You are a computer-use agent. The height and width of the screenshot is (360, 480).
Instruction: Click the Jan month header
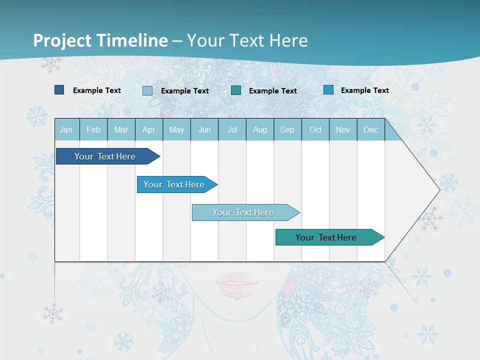tap(66, 130)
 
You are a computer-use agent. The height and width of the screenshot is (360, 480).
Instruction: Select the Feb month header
tap(93, 130)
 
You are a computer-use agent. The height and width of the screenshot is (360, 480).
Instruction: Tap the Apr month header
tap(148, 130)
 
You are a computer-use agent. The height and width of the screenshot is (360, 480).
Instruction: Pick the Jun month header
tap(204, 130)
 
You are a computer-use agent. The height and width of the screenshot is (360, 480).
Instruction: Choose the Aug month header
tap(259, 130)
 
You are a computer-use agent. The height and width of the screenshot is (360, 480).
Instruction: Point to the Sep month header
tap(287, 130)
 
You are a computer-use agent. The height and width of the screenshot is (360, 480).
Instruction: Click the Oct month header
tap(315, 130)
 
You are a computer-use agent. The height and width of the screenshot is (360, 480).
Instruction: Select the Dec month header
tap(370, 130)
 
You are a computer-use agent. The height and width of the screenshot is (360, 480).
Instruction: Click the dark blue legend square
tap(59, 90)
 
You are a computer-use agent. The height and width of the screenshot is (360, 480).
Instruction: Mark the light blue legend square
tap(147, 90)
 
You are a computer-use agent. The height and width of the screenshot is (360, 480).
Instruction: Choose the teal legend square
tap(236, 90)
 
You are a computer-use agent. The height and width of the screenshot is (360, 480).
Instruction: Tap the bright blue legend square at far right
tap(328, 90)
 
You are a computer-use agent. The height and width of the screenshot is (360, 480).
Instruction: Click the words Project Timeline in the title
tap(100, 40)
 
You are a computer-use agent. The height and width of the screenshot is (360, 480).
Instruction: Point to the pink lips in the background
tap(236, 285)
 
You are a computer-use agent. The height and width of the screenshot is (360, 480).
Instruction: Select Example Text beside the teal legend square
tap(273, 91)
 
